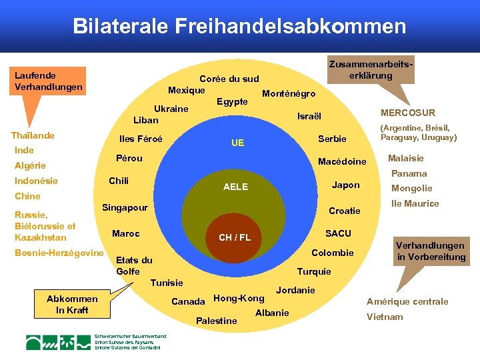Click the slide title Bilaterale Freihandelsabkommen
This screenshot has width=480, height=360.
(239, 26)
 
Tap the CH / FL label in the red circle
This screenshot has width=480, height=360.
(235, 237)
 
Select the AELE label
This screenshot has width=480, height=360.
(235, 187)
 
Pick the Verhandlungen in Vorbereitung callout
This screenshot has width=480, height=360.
(431, 251)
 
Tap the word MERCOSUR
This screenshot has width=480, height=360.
(407, 113)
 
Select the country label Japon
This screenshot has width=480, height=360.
(345, 185)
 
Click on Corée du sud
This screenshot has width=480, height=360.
(229, 79)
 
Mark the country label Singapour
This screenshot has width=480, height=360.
(125, 208)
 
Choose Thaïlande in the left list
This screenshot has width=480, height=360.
(33, 135)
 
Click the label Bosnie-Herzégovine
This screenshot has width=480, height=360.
(59, 253)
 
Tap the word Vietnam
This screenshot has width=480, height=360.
(385, 317)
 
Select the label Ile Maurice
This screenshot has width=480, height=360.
(415, 203)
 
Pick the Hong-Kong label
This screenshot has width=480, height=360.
(239, 297)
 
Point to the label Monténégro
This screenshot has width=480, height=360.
(289, 93)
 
